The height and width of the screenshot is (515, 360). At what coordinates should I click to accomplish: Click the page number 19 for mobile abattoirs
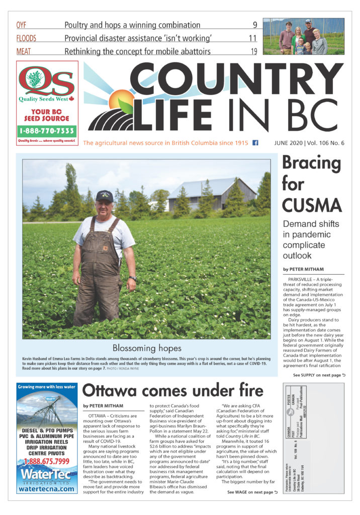253,51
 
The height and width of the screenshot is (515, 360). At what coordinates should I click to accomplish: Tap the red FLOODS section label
26,38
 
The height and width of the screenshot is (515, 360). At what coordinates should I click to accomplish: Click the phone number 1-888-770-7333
47,131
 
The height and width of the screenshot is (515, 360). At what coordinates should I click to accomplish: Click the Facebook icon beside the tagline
255,143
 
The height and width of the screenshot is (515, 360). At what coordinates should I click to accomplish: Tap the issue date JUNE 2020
292,143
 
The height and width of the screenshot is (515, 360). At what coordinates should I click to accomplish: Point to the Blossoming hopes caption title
146,348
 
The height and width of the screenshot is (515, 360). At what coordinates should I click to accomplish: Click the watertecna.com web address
47,489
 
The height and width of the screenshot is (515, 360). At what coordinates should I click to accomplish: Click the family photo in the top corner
303,36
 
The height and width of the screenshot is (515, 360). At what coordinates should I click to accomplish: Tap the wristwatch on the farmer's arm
132,278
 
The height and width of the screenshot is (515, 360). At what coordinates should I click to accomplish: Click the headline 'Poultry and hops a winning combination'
132,25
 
